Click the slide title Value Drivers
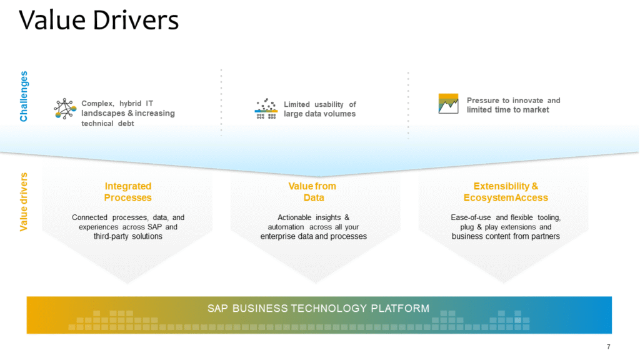tap(99, 20)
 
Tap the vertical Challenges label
tap(24, 96)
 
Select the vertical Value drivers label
tap(24, 202)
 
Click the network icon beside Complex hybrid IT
tap(65, 109)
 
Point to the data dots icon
tap(266, 109)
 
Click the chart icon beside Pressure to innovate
tap(449, 104)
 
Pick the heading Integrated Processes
tap(128, 192)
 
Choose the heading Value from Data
tap(312, 192)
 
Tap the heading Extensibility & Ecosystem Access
tap(506, 192)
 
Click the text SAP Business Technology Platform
tap(319, 308)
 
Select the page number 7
tap(608, 347)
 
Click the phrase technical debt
tap(107, 124)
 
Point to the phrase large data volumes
tap(319, 114)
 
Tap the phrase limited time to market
tap(508, 110)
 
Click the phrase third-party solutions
tap(128, 236)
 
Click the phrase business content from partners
tap(506, 236)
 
